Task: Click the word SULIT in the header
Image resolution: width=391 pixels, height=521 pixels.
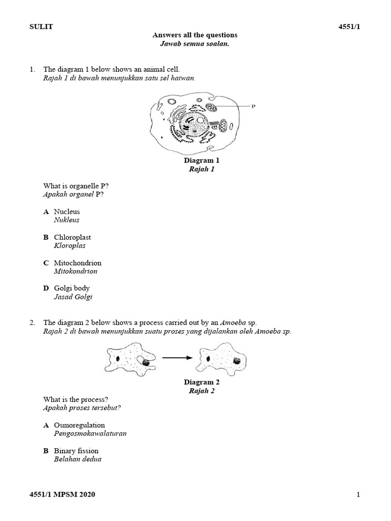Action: [x=41, y=27]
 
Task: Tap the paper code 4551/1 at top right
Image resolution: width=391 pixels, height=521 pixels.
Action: [x=349, y=27]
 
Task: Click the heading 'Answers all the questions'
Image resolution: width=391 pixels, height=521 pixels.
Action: [x=195, y=35]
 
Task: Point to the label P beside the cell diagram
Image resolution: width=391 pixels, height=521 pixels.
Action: [x=253, y=106]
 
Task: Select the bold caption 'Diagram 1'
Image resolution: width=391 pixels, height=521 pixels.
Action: [x=202, y=160]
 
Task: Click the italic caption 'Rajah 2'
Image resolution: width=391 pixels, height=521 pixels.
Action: [x=202, y=391]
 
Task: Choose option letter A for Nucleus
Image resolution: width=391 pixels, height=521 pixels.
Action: [x=46, y=212]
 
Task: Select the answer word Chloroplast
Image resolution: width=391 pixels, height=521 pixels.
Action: [x=72, y=237]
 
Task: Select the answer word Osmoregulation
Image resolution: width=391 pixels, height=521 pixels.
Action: [x=79, y=425]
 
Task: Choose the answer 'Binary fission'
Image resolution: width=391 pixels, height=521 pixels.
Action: [x=76, y=451]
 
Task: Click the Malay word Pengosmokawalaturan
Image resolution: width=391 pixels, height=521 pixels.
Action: [x=90, y=433]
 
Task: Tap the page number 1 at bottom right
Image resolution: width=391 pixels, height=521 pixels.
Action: [x=358, y=495]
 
